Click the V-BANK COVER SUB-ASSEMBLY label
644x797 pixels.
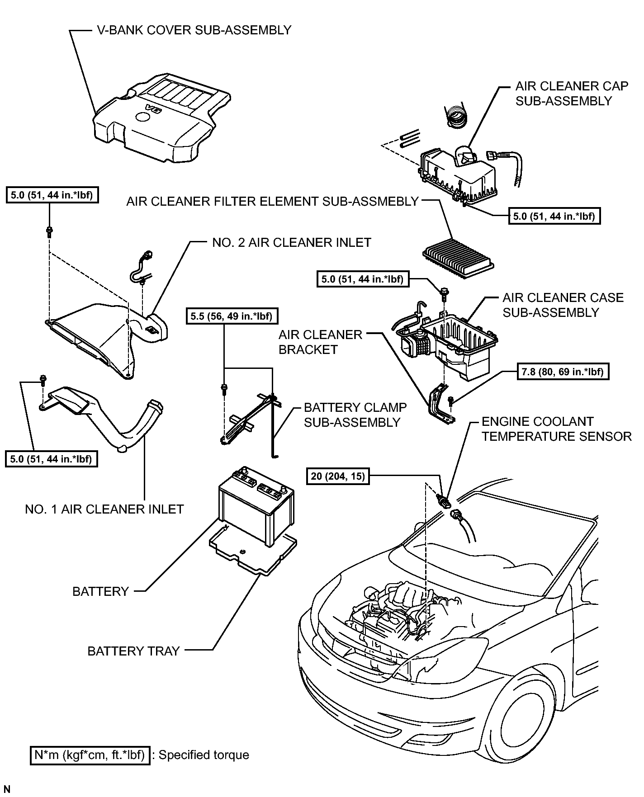[194, 30]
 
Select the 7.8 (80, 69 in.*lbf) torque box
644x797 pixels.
[562, 372]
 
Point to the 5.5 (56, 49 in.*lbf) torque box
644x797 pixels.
[232, 316]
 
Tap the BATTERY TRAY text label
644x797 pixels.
[134, 651]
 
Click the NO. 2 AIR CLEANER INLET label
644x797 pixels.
[292, 243]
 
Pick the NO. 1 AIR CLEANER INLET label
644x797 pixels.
[104, 509]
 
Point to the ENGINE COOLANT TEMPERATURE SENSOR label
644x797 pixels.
[556, 429]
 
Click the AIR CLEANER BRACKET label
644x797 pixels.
[321, 342]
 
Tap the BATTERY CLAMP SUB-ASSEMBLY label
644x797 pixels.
[355, 415]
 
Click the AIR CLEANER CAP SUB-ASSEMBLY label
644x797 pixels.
[572, 94]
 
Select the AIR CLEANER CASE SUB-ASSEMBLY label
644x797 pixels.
[563, 305]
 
